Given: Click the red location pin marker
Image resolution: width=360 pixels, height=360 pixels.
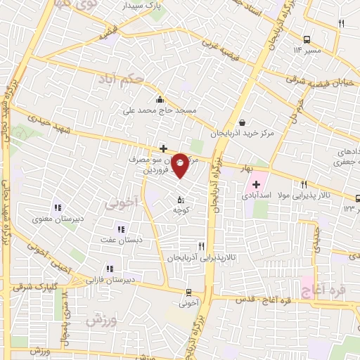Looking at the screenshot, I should click(181, 165).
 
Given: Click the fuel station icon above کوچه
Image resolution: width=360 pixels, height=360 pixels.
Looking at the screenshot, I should click(181, 199).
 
